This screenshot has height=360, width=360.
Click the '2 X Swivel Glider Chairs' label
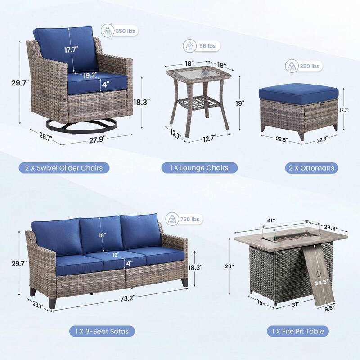[x=64, y=168]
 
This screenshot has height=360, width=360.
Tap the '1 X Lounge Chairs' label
[x=199, y=168]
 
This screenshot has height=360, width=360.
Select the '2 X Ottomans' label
[x=311, y=168]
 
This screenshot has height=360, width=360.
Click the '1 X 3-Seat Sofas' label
[x=99, y=331]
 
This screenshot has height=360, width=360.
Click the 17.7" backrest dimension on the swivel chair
[x=72, y=50]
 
